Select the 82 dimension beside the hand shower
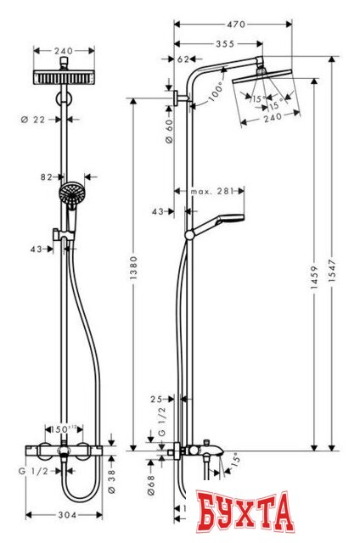[46, 176]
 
